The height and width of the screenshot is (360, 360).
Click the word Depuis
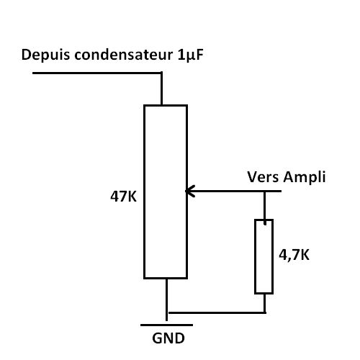[45, 55]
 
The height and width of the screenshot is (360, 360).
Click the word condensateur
[123, 55]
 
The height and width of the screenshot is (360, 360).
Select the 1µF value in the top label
[191, 55]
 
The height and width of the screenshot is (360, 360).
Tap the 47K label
[123, 197]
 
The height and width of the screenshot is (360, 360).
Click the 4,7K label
[294, 255]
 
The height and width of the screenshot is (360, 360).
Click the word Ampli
[305, 178]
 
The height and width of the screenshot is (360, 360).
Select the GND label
[168, 338]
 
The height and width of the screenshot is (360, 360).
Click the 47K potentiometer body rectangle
[144, 192]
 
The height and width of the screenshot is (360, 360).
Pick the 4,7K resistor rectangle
[256, 256]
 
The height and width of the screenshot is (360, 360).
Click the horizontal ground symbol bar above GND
[166, 325]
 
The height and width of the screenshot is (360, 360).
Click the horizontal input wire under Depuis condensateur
[97, 73]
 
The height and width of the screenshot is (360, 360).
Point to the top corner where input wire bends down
[161, 73]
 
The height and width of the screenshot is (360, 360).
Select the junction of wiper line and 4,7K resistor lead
[265, 192]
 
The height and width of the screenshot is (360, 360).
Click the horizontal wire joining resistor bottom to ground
[217, 312]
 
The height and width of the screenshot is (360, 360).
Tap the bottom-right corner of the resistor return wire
[265, 312]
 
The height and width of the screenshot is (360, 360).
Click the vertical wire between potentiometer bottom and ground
[166, 300]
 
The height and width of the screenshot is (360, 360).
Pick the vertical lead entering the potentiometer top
[161, 89]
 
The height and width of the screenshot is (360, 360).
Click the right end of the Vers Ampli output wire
[281, 192]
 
